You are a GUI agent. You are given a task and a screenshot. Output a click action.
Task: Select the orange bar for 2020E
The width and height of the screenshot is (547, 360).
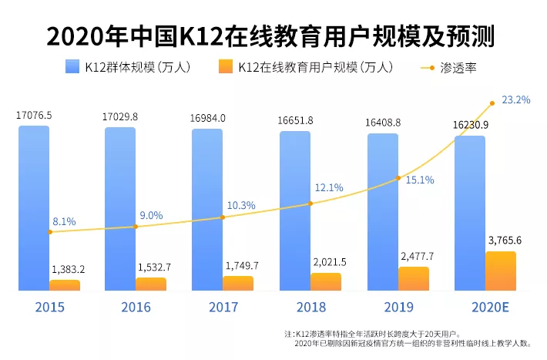[x=501, y=271]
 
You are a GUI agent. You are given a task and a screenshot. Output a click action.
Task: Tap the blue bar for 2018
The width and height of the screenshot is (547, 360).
[x=295, y=210]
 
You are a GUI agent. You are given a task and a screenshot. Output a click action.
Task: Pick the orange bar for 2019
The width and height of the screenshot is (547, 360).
[x=414, y=279]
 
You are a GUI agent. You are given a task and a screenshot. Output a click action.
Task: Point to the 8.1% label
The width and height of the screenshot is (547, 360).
[x=64, y=222]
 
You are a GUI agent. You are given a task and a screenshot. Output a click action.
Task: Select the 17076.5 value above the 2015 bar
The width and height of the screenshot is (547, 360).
[x=34, y=116]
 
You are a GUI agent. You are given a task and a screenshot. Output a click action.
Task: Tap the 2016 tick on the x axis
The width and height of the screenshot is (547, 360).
[x=136, y=307]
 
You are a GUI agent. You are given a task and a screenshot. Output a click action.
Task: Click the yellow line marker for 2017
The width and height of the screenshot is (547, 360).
[x=223, y=217]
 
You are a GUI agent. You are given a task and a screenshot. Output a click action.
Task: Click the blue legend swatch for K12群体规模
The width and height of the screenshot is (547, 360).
[x=72, y=67]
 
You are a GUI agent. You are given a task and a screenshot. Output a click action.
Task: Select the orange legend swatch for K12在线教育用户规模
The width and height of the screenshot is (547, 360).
[x=226, y=67]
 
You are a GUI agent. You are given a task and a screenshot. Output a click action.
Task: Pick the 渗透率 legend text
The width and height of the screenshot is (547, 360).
[x=460, y=67]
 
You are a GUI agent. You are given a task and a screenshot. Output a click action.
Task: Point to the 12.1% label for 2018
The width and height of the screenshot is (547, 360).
[x=328, y=188]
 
